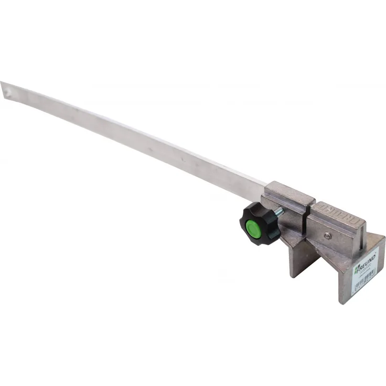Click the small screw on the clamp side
point(327,237)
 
